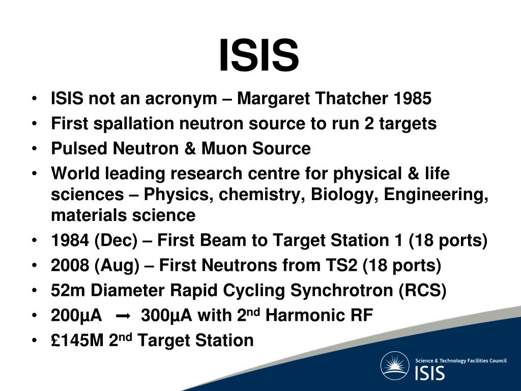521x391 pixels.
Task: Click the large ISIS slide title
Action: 259,56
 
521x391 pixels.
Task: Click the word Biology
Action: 353,195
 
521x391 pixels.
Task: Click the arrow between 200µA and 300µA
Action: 123,317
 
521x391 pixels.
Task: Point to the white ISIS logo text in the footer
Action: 430,373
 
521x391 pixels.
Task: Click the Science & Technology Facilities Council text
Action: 461,360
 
